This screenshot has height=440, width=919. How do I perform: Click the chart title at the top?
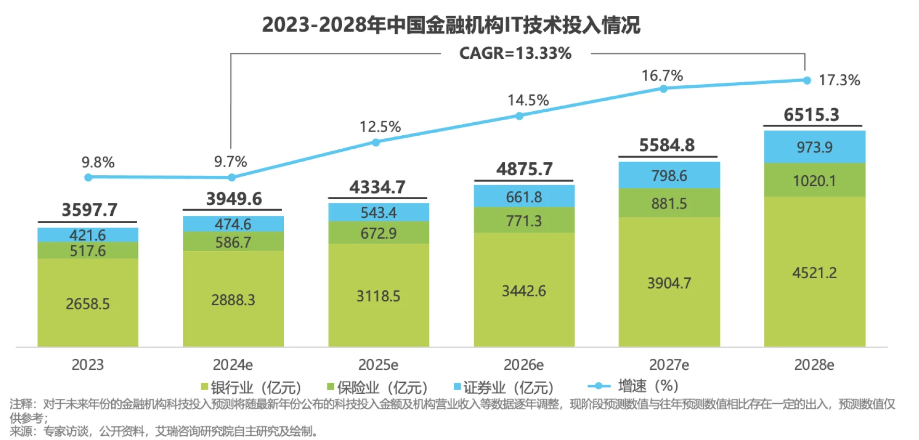[x=451, y=24]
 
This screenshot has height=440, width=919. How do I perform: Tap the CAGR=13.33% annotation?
[x=515, y=53]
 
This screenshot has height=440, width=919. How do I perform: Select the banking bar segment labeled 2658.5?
[x=87, y=303]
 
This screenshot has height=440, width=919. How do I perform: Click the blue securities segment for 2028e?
[x=814, y=147]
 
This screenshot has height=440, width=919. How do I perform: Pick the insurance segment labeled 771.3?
[x=524, y=221]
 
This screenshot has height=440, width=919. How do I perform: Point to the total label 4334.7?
[x=377, y=187]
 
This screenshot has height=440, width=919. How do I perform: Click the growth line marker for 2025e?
[x=376, y=142]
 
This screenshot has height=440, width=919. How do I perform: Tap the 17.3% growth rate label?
[x=839, y=80]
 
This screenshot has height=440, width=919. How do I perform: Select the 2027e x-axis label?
[x=669, y=365]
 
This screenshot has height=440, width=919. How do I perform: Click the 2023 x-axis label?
[x=87, y=365]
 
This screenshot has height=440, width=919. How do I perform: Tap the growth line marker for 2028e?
[x=807, y=80]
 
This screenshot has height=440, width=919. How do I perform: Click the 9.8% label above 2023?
[x=98, y=162]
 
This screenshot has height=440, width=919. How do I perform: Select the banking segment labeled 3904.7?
[x=669, y=283]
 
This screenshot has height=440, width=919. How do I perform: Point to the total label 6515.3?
[x=811, y=114]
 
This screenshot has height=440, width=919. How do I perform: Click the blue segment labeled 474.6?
[x=233, y=224]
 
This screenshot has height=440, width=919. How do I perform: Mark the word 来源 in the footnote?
[x=20, y=431]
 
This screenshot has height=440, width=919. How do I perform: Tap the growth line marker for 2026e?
[x=519, y=115]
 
